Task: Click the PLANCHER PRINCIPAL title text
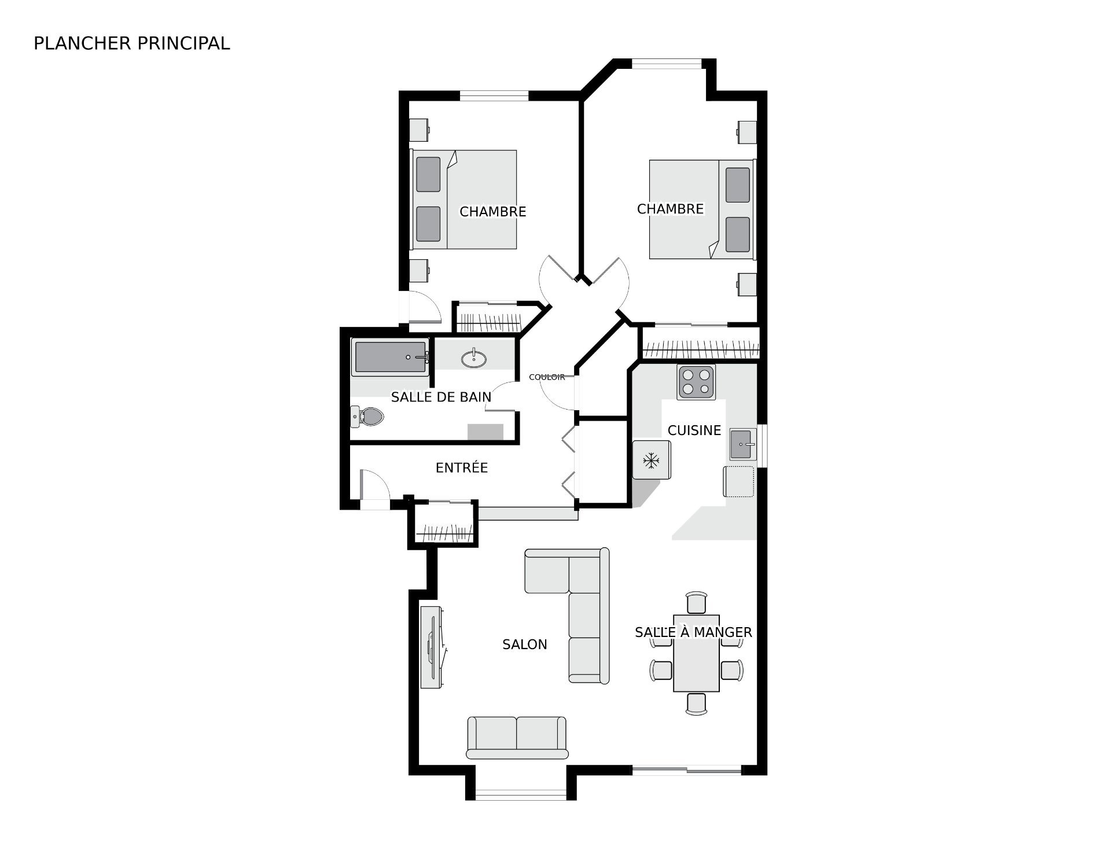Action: tap(132, 43)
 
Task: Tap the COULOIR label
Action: tap(547, 377)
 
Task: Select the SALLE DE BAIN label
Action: tap(441, 397)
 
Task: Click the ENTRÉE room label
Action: tap(462, 467)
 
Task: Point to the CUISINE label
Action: tap(694, 430)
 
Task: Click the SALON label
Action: tap(525, 645)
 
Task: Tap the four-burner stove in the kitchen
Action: tap(697, 382)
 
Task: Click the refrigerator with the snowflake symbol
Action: tap(652, 460)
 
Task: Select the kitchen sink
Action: tap(743, 444)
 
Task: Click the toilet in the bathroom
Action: tap(367, 416)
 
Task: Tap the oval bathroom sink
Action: tap(474, 359)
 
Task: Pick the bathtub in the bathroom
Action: tap(391, 357)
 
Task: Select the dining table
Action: tap(696, 653)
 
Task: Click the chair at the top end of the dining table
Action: tap(696, 602)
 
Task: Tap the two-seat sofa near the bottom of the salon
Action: tap(517, 738)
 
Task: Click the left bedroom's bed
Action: tap(463, 200)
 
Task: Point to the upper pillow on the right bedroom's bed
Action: tap(738, 185)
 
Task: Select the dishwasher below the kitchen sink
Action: tap(738, 481)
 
